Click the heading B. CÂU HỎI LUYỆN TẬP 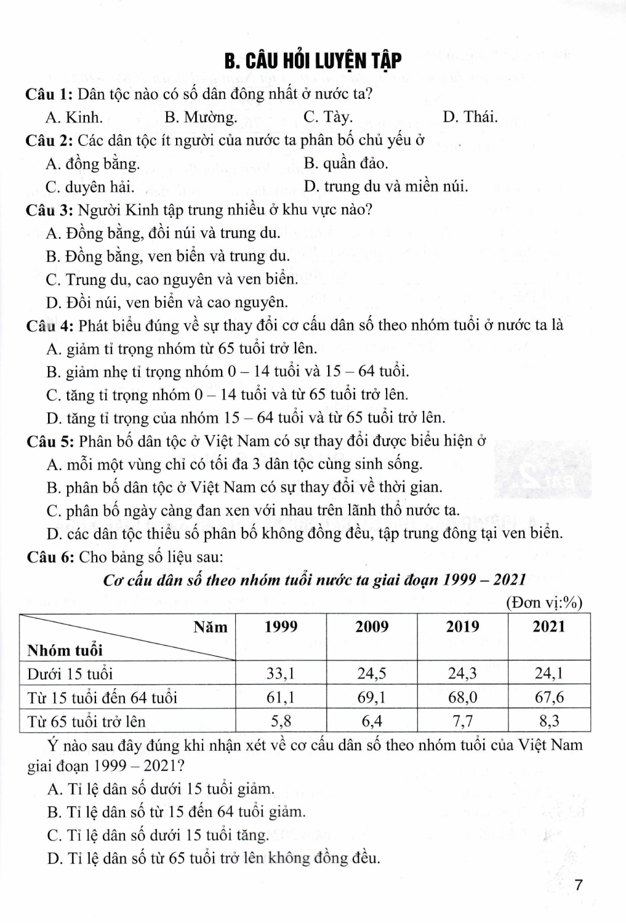pyautogui.click(x=313, y=62)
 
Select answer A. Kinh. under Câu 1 pyautogui.click(x=74, y=117)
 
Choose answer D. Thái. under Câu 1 pyautogui.click(x=470, y=117)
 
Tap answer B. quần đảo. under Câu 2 pyautogui.click(x=345, y=163)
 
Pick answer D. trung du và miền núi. pyautogui.click(x=385, y=186)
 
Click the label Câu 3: pyautogui.click(x=50, y=210)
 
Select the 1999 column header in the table pyautogui.click(x=281, y=627)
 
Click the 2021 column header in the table pyautogui.click(x=548, y=627)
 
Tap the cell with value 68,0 pyautogui.click(x=462, y=697)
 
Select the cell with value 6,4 pyautogui.click(x=371, y=721)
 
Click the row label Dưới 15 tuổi pyautogui.click(x=70, y=674)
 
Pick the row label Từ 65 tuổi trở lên pyautogui.click(x=86, y=721)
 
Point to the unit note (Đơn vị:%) pyautogui.click(x=544, y=603)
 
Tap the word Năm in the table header pyautogui.click(x=210, y=627)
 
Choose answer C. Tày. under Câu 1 pyautogui.click(x=327, y=117)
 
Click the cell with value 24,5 pyautogui.click(x=371, y=673)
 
